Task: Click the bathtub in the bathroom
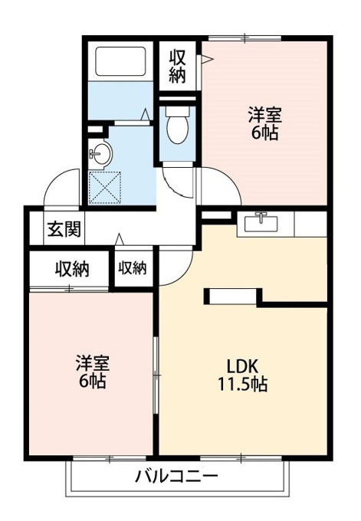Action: coord(120,61)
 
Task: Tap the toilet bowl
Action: coord(178,125)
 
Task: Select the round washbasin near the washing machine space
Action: coord(100,153)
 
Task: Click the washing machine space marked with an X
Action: coord(105,188)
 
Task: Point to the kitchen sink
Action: coord(261,223)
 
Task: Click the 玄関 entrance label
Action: coord(64,229)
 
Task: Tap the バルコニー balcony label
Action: coord(176,477)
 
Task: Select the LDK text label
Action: coord(242,366)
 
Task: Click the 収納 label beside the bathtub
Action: coord(177,67)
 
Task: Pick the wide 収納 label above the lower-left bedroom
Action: coord(72,269)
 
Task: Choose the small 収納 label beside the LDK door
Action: coord(133,267)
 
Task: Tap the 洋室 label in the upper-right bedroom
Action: coord(265,116)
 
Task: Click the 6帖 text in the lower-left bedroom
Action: coord(93,382)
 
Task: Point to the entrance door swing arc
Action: coord(55,180)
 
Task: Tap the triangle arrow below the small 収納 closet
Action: coord(120,239)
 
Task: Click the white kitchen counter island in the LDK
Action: coord(233,297)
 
